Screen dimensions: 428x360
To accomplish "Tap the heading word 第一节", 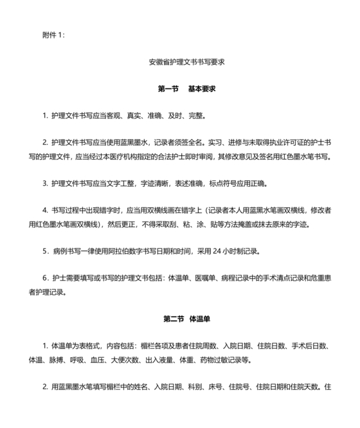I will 168,88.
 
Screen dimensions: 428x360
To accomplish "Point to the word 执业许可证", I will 273,144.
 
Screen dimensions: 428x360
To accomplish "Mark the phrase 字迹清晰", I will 151,183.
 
